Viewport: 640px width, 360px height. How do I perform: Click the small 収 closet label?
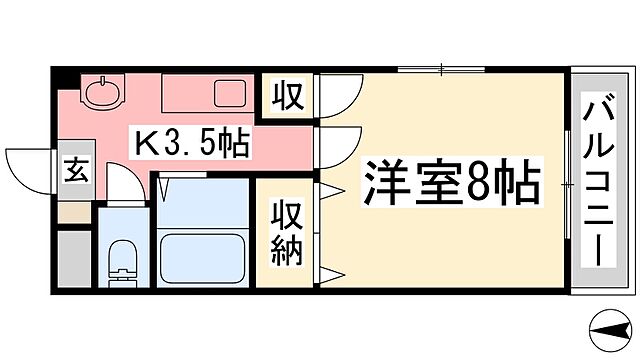[287, 98]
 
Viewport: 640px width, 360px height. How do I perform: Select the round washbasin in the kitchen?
[103, 95]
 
